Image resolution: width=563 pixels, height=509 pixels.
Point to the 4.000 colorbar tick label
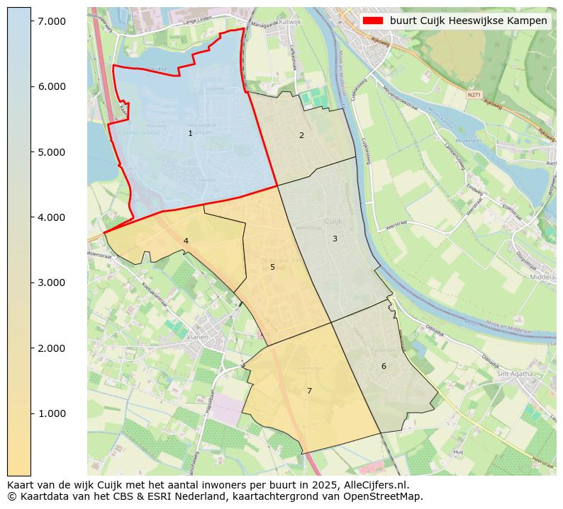tap(52, 217)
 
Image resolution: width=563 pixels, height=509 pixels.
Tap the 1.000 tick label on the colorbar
tap(52, 413)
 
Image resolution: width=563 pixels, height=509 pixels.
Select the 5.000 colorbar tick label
tap(52, 152)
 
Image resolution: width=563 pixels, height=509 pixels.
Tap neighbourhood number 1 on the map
tap(190, 133)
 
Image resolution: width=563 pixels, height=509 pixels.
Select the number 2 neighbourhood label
tap(301, 135)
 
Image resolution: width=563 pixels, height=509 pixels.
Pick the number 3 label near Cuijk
tap(335, 239)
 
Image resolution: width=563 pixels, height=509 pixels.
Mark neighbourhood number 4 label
tap(186, 241)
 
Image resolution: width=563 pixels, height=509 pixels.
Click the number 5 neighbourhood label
tap(272, 267)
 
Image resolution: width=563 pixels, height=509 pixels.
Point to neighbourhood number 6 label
tap(384, 366)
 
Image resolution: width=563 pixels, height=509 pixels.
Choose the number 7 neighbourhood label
tap(309, 391)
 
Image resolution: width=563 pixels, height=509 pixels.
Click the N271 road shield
tap(474, 94)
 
